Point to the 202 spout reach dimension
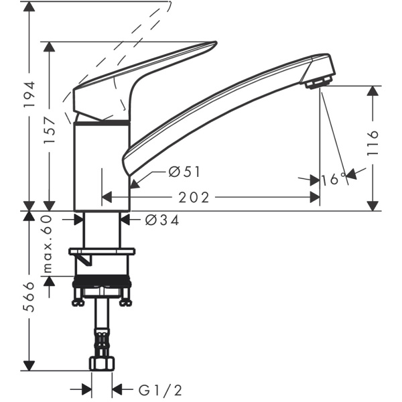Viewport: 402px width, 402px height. (x=195, y=198)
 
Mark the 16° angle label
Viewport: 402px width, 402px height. (x=333, y=179)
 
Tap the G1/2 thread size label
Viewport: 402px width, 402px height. (x=158, y=389)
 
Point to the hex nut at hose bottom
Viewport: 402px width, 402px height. (x=102, y=364)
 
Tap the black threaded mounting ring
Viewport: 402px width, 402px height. (x=102, y=283)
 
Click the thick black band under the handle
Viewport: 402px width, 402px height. (x=102, y=123)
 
